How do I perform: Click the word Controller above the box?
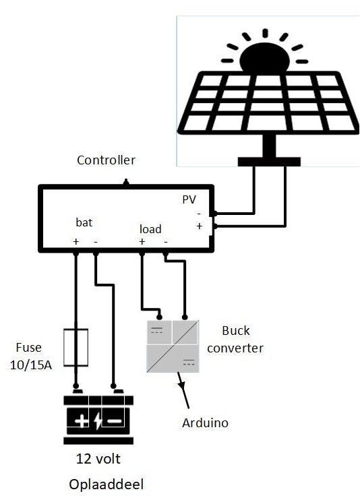106,160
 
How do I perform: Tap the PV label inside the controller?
189,201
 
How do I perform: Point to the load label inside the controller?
150,229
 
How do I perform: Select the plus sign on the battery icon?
80,422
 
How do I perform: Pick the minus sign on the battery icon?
114,422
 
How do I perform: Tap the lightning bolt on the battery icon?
97,422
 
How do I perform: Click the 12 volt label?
98,460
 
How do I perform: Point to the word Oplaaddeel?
106,484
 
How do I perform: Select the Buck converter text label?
235,340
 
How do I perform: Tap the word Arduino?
206,423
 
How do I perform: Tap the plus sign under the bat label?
76,241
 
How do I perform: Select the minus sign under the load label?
166,241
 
